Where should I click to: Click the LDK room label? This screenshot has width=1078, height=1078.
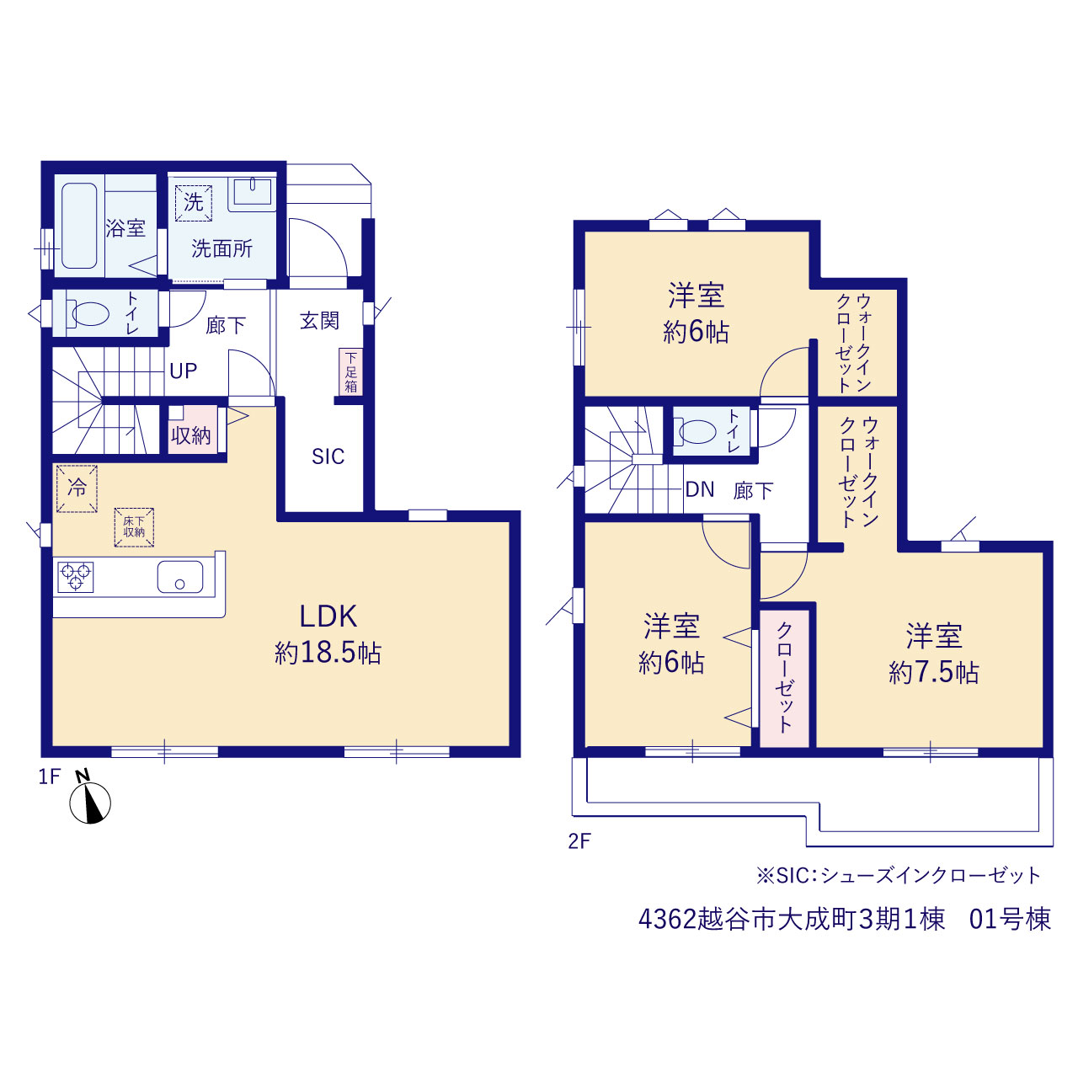coord(328,616)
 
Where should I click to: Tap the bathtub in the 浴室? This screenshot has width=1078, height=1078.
coord(79,226)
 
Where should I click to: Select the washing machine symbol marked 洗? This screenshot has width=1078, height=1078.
coord(194,202)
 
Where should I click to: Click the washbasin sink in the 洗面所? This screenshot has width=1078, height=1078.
coord(253,192)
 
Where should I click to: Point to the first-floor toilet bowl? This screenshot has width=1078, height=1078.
coord(89,314)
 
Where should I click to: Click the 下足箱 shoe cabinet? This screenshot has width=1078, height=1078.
coord(350,371)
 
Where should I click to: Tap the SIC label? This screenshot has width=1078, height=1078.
coord(328,456)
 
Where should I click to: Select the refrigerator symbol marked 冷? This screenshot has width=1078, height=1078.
coord(77,488)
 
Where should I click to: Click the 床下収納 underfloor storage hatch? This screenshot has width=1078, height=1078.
coord(134,527)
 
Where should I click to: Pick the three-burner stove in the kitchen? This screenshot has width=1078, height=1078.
coord(76,577)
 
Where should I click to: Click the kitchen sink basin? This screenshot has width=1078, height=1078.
coord(180,577)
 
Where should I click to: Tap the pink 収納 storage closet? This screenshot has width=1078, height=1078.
coord(193,429)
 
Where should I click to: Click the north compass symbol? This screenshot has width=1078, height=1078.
coord(89,802)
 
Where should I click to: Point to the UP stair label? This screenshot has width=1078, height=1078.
coord(184,371)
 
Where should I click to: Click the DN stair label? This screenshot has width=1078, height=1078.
coord(700,489)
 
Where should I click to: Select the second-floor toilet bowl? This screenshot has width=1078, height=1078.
coord(697,431)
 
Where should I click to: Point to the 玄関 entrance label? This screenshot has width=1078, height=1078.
coord(319,321)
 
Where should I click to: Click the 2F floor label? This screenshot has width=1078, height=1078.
coord(579,857)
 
